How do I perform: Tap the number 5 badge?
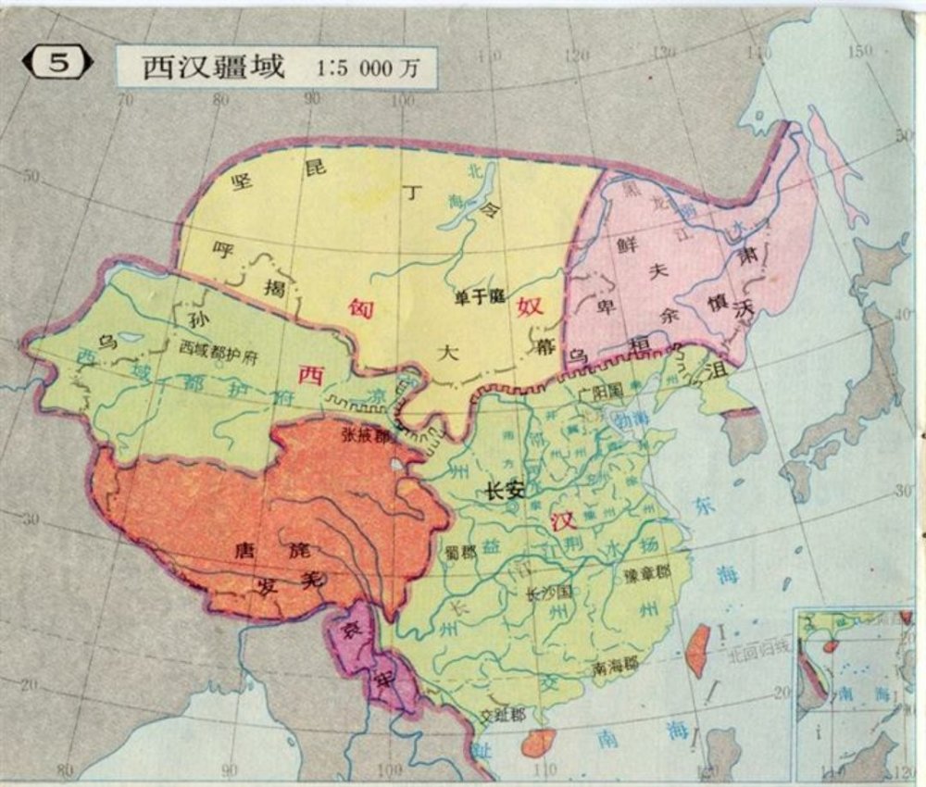coord(57,64)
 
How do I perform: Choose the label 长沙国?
coord(545,593)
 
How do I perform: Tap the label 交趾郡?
coord(504,716)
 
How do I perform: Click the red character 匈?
coord(359,309)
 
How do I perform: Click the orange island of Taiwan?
coord(697,648)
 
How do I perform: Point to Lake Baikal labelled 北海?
coord(463,208)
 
